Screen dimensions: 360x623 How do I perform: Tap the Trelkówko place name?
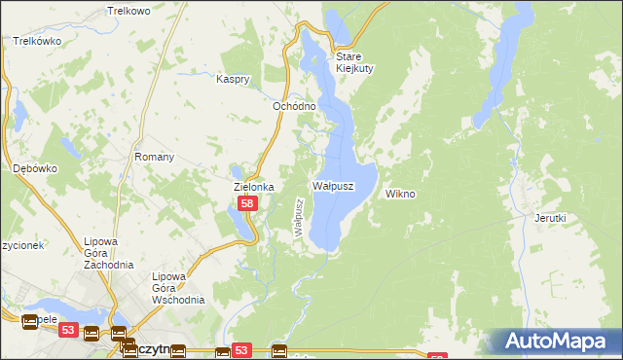click(x=38, y=42)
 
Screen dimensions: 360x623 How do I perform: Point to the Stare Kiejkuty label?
click(x=355, y=62)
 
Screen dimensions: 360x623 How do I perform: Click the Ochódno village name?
click(x=293, y=106)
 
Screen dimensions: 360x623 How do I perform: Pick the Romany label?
click(x=154, y=157)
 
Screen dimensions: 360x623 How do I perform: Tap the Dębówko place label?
click(x=35, y=168)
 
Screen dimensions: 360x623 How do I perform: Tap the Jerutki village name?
click(x=550, y=219)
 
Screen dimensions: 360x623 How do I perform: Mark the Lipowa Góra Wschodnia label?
click(x=177, y=288)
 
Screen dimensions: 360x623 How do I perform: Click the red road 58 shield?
click(x=248, y=204)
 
